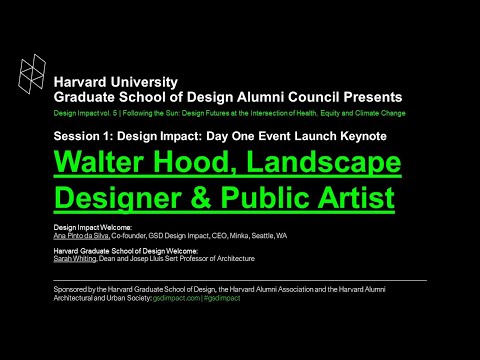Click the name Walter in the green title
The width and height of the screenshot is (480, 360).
pyautogui.click(x=104, y=162)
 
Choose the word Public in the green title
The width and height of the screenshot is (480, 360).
pyautogui.click(x=282, y=196)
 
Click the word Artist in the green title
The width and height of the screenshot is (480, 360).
pyautogui.click(x=361, y=196)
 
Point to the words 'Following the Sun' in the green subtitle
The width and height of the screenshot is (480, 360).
pyautogui.click(x=148, y=115)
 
